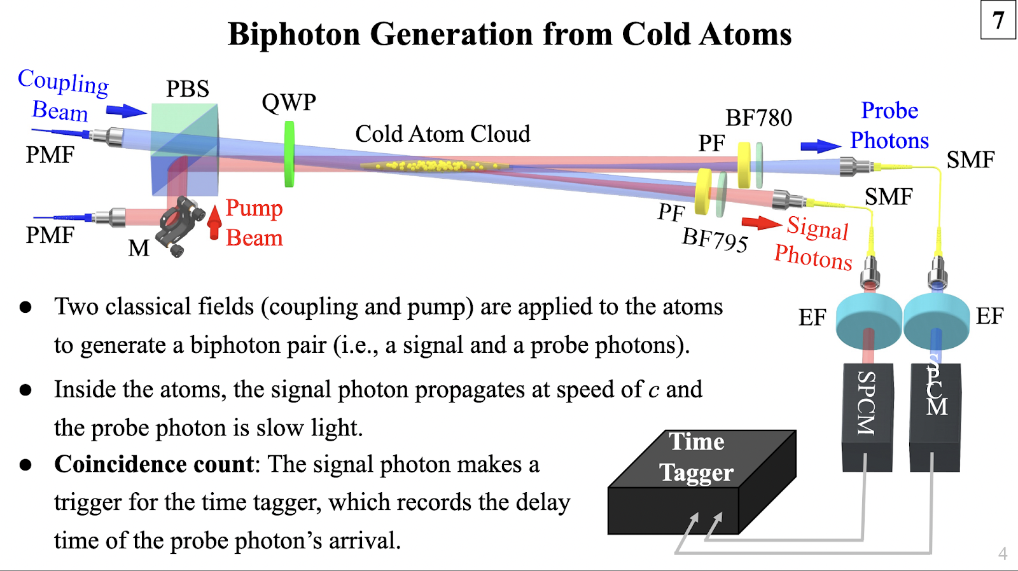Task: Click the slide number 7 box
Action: coord(998,20)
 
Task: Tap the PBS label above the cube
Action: coord(187,88)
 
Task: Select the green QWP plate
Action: coord(289,154)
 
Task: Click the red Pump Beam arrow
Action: coord(214,222)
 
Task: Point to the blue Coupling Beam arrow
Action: coord(127,111)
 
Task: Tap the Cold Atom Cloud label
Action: coord(443,134)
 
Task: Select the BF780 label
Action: coord(758,118)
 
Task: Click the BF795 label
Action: coord(715,239)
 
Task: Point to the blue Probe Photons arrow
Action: coord(821,146)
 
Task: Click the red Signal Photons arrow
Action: coord(762,223)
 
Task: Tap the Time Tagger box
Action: coord(702,482)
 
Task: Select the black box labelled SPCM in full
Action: coord(868,417)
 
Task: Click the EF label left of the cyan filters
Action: coord(812,317)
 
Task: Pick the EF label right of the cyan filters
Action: coord(989,316)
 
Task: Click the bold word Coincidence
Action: coord(154,464)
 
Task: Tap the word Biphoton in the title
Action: coord(294,34)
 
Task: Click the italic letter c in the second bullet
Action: coord(653,390)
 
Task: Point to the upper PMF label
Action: coord(50,155)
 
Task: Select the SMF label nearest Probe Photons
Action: coord(971,160)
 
